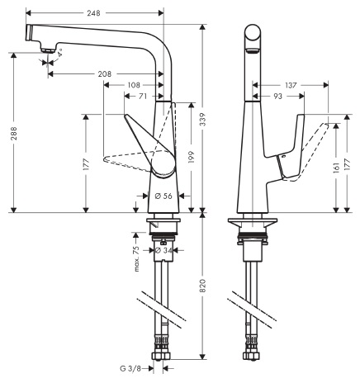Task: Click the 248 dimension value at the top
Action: [93, 12]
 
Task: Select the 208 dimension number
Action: [105, 74]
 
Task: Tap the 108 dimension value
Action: [134, 85]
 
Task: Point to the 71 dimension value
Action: [143, 96]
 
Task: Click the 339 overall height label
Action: [203, 119]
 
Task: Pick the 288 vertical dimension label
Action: [14, 133]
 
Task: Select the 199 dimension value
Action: [192, 157]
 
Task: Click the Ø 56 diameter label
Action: [163, 196]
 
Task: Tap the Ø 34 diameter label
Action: [163, 250]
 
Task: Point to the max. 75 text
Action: [136, 258]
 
